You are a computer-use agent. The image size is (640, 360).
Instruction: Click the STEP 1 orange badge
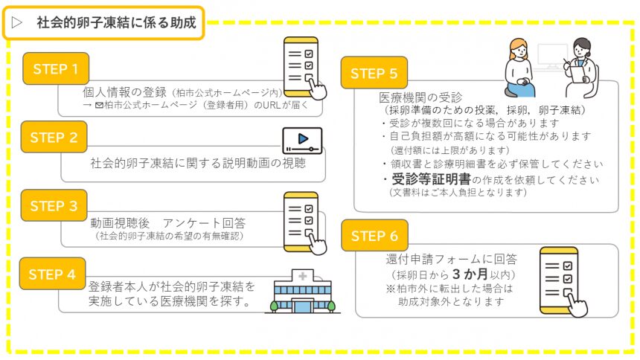point(56,68)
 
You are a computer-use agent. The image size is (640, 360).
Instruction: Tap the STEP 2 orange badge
point(54,137)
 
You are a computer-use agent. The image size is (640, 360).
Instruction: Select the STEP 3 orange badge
point(54,205)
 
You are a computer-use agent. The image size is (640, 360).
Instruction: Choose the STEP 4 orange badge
point(53,274)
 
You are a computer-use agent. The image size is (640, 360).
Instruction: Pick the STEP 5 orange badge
point(374,73)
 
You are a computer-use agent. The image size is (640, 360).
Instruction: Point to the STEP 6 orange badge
point(374,236)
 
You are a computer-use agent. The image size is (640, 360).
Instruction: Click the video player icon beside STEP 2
point(302,141)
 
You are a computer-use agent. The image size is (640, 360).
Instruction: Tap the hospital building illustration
point(302,292)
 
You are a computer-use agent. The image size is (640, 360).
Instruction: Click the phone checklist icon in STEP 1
point(304,68)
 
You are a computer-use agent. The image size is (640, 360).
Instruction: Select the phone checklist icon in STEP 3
point(304,223)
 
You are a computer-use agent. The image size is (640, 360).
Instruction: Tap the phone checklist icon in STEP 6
point(563,282)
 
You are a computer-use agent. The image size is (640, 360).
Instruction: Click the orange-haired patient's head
point(519,49)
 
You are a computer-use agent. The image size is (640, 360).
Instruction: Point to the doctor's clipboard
point(577,74)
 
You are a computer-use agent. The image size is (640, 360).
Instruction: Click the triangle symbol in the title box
point(16,22)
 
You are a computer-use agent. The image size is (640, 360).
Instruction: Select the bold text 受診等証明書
point(431,179)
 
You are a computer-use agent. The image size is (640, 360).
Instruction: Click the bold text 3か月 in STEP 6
point(470,274)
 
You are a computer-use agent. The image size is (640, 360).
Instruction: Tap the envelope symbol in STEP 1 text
point(99,106)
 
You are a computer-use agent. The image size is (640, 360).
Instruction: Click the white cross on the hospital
point(302,277)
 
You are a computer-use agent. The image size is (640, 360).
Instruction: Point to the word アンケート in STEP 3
point(191,223)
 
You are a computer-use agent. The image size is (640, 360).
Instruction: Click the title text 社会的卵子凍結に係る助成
point(117,22)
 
